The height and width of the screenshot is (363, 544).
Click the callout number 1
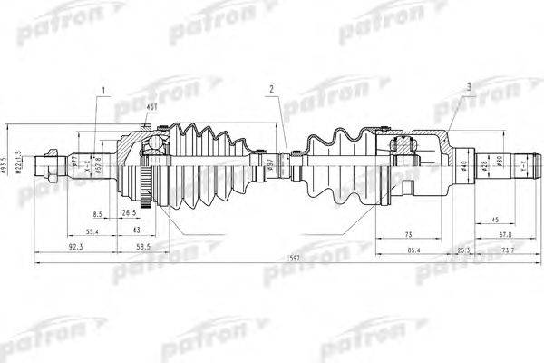[104, 91]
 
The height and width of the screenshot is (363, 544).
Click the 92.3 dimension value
[76, 246]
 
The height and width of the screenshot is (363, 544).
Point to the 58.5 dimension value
[143, 246]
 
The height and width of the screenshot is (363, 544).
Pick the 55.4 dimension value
[93, 232]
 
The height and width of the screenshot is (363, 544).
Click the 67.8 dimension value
[504, 234]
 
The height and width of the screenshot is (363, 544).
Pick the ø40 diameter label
[463, 164]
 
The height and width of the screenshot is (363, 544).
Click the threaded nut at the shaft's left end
[44, 168]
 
